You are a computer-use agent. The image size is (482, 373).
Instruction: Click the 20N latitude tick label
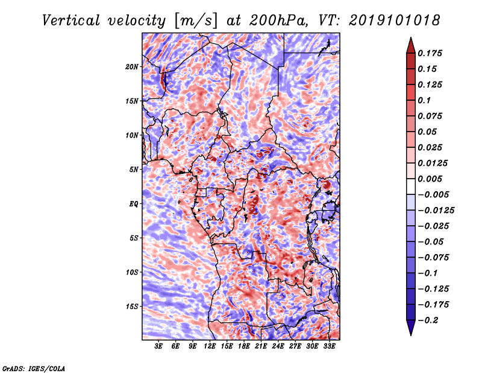tap(132, 66)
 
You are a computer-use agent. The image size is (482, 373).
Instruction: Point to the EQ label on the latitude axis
tap(133, 204)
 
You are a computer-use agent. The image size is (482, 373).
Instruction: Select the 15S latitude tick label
tap(132, 307)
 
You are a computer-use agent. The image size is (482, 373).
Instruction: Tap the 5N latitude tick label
tap(133, 170)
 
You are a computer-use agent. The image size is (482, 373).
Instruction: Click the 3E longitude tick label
tap(159, 347)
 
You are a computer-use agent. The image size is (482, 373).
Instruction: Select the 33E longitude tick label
tap(329, 347)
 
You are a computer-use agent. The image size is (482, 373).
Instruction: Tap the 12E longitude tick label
tap(210, 347)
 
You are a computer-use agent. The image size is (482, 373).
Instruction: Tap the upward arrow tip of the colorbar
tap(410, 39)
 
